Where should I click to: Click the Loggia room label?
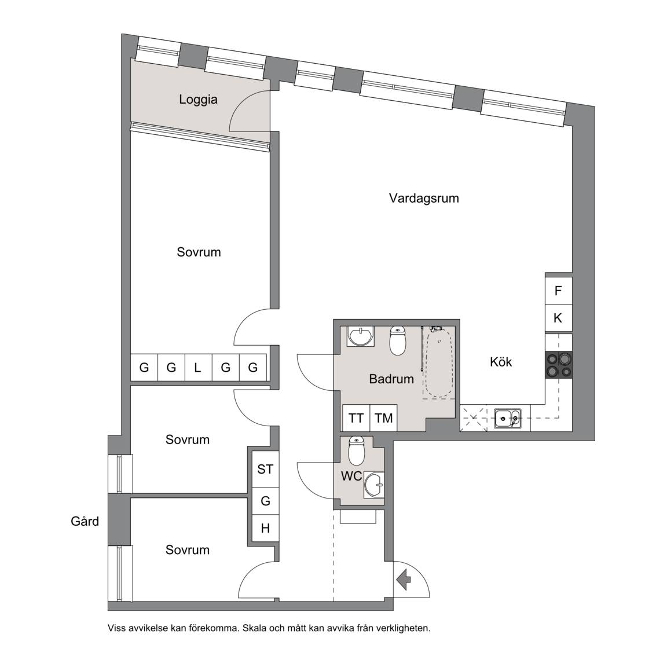pos(198,100)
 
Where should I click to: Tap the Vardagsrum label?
pos(424,198)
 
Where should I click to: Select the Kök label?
pos(501,362)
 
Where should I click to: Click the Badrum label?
pos(391,379)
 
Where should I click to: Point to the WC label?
pos(351,476)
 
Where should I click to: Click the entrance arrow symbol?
pos(403,579)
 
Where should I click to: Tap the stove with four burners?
pos(559,365)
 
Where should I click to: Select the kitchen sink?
pos(507,419)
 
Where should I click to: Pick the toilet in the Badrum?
pos(398,340)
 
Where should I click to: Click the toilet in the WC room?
pos(357,452)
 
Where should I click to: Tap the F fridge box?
pos(559,291)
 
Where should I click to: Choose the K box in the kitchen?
pos(559,318)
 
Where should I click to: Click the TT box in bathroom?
pos(357,418)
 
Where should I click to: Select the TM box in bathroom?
pos(384,418)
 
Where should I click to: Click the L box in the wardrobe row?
pos(198,367)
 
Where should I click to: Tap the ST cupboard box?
pos(265,469)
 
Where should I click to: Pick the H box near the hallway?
pos(265,528)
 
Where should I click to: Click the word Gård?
pos(85,521)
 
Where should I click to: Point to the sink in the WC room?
pos(374,485)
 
